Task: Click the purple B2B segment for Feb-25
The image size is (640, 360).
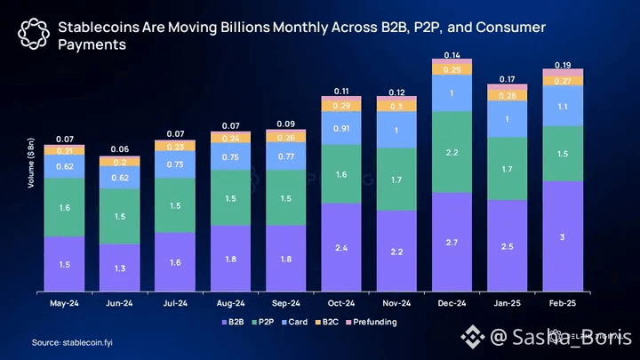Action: point(562,236)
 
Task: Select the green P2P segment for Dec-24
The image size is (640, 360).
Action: point(452,152)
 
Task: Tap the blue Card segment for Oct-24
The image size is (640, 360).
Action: point(340,128)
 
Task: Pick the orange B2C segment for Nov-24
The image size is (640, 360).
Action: point(396,106)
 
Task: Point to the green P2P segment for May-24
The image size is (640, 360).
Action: point(64,207)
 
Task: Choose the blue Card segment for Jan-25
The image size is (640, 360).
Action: point(507,119)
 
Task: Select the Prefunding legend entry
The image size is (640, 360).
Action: point(374,322)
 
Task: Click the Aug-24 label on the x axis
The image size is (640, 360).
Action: point(230,302)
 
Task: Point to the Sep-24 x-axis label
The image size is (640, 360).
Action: point(285,302)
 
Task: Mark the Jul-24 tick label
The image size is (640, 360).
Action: point(174,302)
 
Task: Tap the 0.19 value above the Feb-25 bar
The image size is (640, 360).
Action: point(562,65)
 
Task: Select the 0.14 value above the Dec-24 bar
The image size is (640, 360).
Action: point(452,55)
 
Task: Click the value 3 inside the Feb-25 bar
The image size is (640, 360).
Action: point(562,236)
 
